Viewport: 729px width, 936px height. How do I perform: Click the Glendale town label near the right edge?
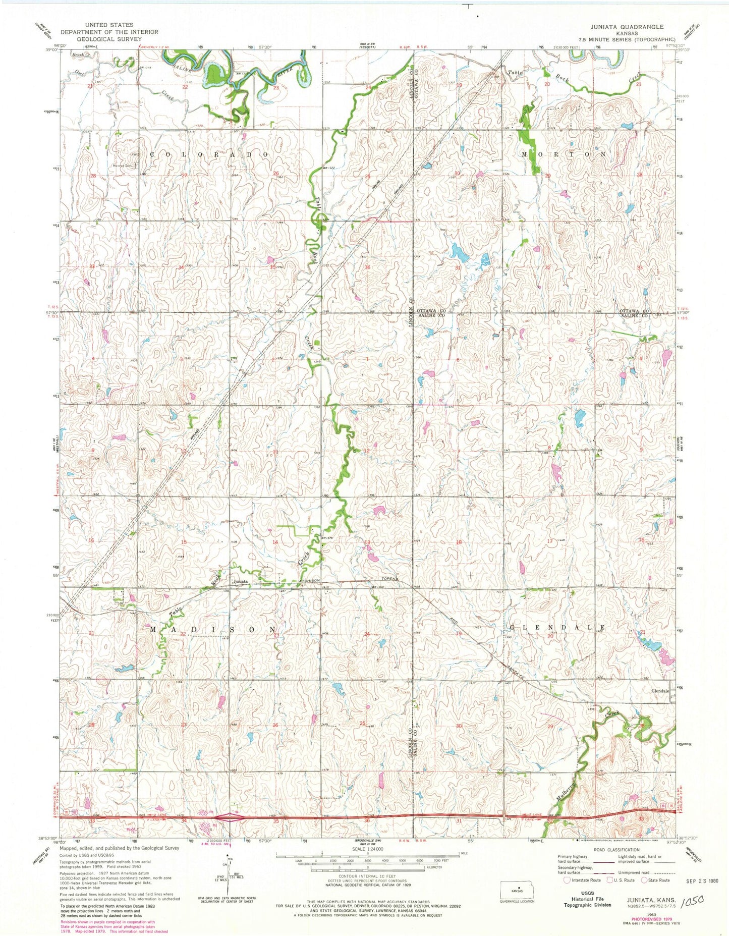pos(659,691)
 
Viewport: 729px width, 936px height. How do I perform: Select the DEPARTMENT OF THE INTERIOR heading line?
pos(109,32)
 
